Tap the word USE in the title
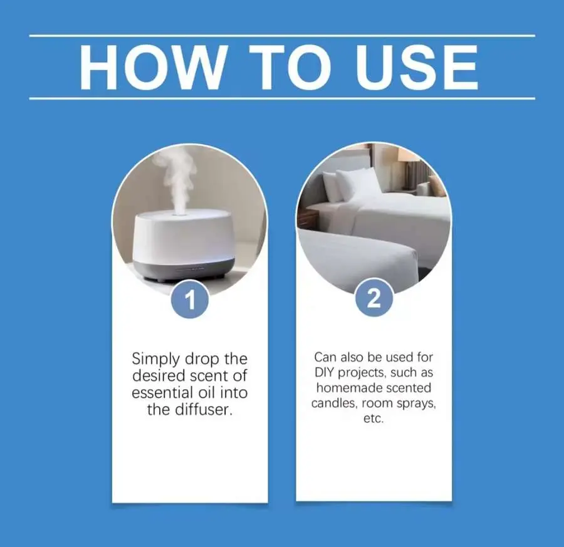point(417,67)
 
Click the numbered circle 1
point(190,300)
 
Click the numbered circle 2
point(373,298)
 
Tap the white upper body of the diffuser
point(184,236)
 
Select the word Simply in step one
point(156,359)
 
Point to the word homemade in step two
point(343,388)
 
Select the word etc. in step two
point(373,419)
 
